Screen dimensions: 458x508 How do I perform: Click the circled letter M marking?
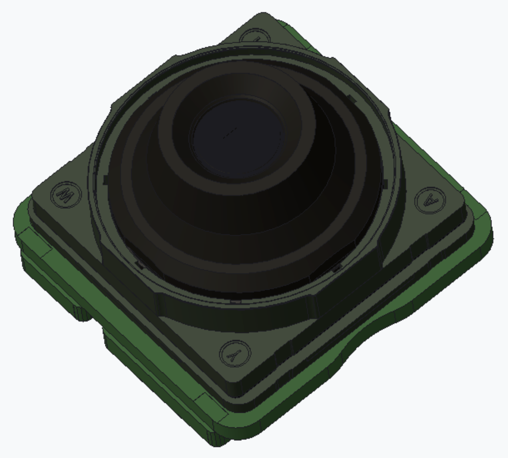tap(66, 195)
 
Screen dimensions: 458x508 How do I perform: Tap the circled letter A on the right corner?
tap(430, 201)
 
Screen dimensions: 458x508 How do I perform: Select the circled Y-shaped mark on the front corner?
tap(235, 354)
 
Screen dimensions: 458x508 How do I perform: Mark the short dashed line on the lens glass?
tap(230, 132)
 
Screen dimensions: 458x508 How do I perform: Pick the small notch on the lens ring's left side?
tap(105, 180)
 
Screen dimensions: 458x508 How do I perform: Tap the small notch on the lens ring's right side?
tap(386, 184)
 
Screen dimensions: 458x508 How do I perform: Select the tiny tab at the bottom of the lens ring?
tap(236, 302)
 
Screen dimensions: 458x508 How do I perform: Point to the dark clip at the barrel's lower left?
tap(139, 264)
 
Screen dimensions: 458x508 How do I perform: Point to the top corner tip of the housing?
tap(263, 15)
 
